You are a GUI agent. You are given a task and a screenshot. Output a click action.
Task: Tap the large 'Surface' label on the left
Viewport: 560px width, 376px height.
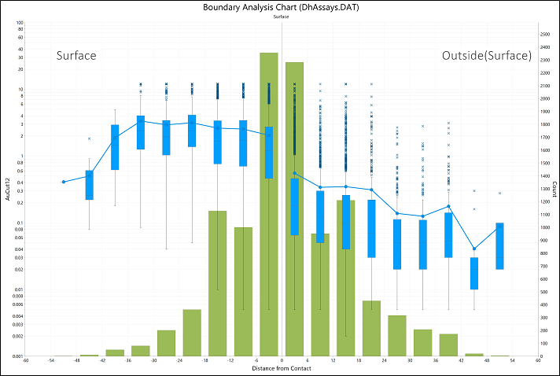point(76,56)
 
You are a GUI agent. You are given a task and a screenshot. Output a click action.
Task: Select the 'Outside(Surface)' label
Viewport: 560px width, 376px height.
point(486,56)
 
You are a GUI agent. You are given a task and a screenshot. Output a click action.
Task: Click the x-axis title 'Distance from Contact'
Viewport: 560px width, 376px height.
point(282,368)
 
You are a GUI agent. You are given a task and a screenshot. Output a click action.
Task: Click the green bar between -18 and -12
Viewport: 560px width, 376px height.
point(218,283)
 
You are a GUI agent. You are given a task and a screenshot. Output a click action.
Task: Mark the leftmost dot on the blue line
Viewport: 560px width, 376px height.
point(64,182)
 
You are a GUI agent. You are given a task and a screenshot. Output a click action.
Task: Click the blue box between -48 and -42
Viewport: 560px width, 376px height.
point(90,185)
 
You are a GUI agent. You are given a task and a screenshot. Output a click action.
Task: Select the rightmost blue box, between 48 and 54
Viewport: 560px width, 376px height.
point(499,246)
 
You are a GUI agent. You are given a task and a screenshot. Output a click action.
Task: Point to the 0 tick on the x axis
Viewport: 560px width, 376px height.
point(282,361)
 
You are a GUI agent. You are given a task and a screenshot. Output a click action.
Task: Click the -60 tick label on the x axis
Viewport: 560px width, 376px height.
point(26,361)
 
